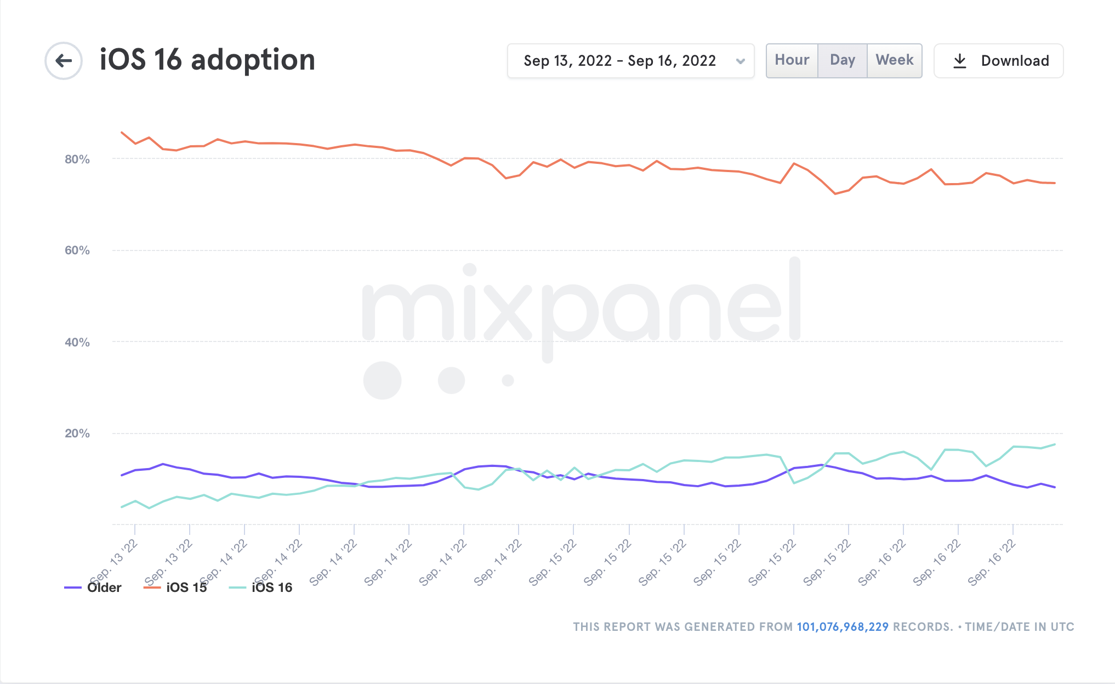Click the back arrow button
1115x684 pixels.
pos(64,60)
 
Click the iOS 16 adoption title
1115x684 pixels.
pos(207,60)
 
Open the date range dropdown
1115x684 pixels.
pos(630,61)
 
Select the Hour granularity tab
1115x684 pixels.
pos(792,60)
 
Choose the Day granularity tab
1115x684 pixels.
pos(842,60)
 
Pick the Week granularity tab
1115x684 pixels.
pos(894,60)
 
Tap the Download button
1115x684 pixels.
pos(998,61)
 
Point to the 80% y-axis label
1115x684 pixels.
pos(77,159)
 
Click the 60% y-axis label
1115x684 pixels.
pos(77,250)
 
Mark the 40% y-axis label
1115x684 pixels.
pos(77,343)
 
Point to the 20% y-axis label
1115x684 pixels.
pos(77,434)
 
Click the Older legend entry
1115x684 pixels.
pos(104,588)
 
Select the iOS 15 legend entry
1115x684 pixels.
pos(186,588)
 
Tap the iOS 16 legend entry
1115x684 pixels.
pos(271,588)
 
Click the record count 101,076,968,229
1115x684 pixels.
pos(842,627)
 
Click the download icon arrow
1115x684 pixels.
pos(960,61)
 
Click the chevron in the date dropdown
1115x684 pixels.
pos(741,61)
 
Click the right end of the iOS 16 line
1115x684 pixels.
pos(1055,444)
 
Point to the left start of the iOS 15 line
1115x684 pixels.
pos(122,132)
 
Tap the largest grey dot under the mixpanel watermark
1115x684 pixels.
pos(382,380)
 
